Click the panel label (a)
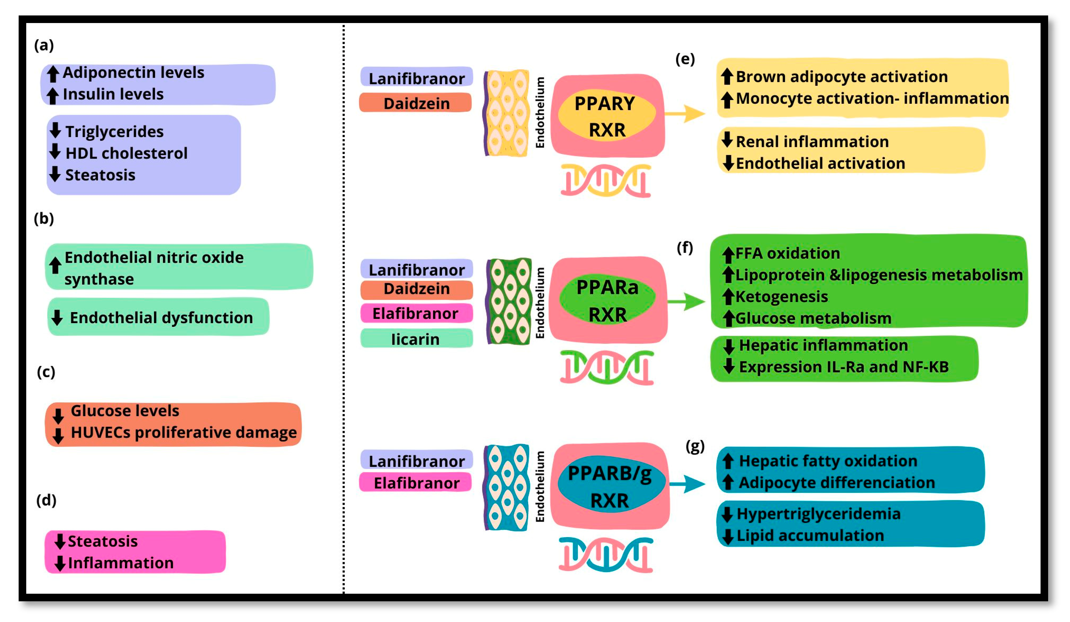[x=44, y=45]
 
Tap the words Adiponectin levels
[x=133, y=73]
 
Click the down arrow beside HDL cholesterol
[x=55, y=151]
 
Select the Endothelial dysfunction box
[x=158, y=317]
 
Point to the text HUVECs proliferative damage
[x=183, y=432]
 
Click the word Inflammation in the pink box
[x=121, y=563]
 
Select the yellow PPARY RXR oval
[x=606, y=115]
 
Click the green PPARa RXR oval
[x=607, y=300]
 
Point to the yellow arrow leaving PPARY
[x=684, y=113]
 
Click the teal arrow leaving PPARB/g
[x=687, y=483]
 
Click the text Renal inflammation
[x=812, y=141]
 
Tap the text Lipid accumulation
[x=810, y=535]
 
